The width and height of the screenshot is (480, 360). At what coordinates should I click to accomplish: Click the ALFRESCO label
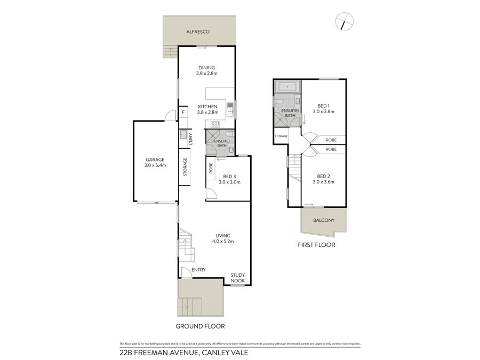[198, 31]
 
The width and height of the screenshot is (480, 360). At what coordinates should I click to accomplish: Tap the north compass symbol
[345, 21]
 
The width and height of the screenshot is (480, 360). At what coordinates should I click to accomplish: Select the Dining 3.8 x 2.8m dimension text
[206, 74]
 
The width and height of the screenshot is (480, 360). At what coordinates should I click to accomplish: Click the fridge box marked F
[183, 112]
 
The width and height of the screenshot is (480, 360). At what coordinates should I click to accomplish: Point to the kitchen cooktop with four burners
[215, 124]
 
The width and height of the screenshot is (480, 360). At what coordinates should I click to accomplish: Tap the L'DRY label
[191, 139]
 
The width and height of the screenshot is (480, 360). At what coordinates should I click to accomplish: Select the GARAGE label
[155, 159]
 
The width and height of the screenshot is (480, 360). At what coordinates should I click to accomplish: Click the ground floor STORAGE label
[185, 167]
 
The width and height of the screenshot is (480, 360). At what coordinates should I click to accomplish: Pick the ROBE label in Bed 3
[211, 169]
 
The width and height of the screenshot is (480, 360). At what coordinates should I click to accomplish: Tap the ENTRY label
[198, 270]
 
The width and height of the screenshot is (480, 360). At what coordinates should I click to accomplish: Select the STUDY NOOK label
[237, 278]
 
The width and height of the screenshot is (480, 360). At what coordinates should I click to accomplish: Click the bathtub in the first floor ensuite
[287, 87]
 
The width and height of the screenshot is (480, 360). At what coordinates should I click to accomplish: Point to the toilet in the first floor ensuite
[278, 102]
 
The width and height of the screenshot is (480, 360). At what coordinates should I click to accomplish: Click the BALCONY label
[324, 220]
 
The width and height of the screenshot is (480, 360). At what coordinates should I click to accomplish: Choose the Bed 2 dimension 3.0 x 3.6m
[323, 182]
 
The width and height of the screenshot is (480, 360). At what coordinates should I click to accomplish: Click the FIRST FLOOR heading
[316, 245]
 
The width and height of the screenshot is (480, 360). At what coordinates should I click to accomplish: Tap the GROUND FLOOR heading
[200, 326]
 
